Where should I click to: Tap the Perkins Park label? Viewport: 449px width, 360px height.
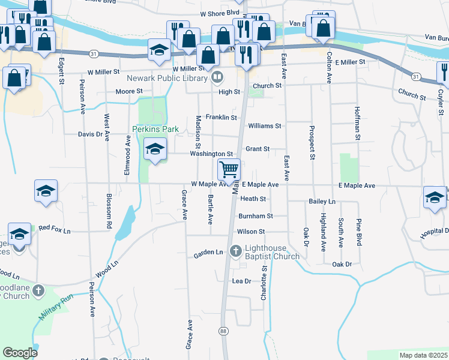pos(155,129)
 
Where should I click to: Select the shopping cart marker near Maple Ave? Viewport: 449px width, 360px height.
pos(229,170)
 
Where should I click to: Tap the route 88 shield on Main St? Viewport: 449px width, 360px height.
pos(223,331)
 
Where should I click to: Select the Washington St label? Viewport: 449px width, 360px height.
pos(211,154)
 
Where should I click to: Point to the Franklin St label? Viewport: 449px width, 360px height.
pos(221,118)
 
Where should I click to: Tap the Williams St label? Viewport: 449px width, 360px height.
pos(265,126)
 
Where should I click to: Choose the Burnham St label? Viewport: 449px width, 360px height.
pos(256,216)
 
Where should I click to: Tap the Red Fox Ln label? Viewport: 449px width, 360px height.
pos(54,229)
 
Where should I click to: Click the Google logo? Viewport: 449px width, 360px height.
pos(20,353)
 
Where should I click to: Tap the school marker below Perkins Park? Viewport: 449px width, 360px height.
pos(155,150)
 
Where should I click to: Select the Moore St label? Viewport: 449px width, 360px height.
pos(129,91)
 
